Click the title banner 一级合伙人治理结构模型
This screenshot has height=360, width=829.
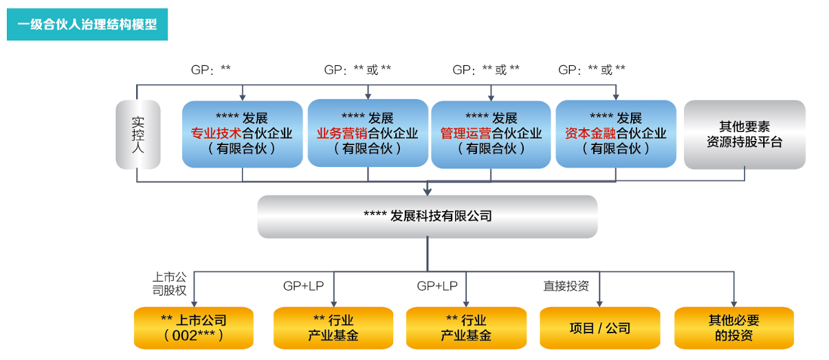pyautogui.click(x=87, y=25)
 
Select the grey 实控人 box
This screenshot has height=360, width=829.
pyautogui.click(x=137, y=135)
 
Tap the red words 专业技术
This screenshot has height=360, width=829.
pyautogui.click(x=212, y=134)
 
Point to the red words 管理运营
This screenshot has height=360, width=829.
pyautogui.click(x=465, y=134)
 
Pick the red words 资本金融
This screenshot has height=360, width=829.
pyautogui.click(x=590, y=134)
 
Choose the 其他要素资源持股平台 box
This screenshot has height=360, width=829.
pyautogui.click(x=744, y=135)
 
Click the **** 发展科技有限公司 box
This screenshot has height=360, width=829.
pyautogui.click(x=428, y=216)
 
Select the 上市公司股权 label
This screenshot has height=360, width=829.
pyautogui.click(x=169, y=284)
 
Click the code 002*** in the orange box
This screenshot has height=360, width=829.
pyautogui.click(x=194, y=335)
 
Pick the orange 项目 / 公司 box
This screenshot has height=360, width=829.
pyautogui.click(x=600, y=328)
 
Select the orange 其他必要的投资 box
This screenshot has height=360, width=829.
pyautogui.click(x=734, y=328)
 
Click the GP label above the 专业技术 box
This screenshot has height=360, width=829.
pyautogui.click(x=210, y=69)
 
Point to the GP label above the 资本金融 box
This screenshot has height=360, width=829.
pyautogui.click(x=592, y=69)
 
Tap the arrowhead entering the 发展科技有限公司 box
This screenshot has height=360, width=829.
pyautogui.click(x=428, y=191)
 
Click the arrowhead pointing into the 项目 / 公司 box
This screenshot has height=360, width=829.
pyautogui.click(x=600, y=303)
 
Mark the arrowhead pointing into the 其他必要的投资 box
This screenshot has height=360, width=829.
pyautogui.click(x=734, y=303)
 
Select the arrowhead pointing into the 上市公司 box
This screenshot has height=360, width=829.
pyautogui.click(x=194, y=303)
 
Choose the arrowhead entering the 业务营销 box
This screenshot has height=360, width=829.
pyautogui.click(x=368, y=95)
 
